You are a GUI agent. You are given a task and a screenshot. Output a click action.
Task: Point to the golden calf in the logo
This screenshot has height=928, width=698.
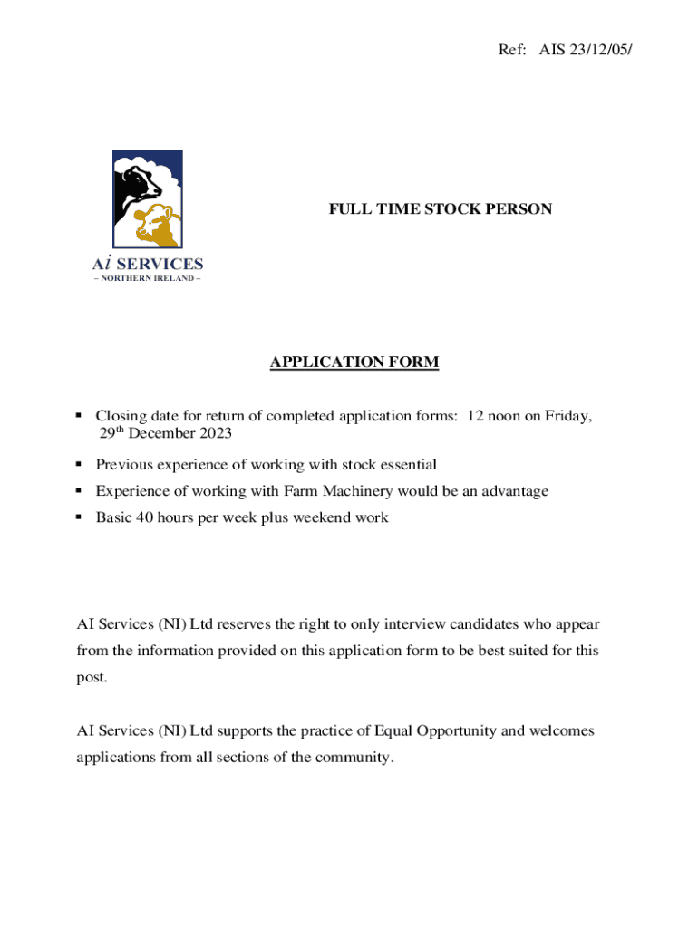tap(158, 224)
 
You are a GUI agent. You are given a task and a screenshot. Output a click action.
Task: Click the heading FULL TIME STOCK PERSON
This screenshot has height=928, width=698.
tap(440, 209)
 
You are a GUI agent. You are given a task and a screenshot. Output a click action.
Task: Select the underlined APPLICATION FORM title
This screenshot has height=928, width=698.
tap(354, 362)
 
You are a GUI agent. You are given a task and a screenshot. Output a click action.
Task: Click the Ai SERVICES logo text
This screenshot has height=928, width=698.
tap(148, 264)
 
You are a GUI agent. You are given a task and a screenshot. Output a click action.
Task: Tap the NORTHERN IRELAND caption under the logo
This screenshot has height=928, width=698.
tap(148, 278)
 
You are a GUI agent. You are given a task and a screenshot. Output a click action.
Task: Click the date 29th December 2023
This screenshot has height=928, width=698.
tap(164, 433)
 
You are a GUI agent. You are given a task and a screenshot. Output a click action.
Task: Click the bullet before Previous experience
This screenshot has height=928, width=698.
tap(80, 465)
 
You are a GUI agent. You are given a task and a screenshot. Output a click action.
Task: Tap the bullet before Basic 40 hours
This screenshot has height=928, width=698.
tap(80, 517)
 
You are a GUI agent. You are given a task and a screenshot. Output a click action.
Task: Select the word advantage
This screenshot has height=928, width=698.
tap(512, 491)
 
